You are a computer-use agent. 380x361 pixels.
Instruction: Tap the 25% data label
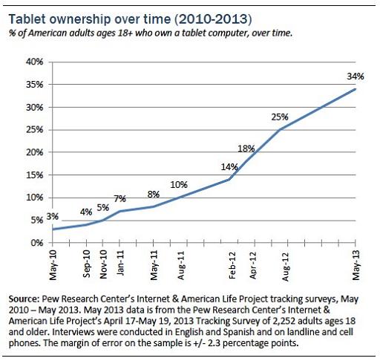tap(279, 116)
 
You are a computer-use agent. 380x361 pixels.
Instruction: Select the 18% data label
tap(246, 148)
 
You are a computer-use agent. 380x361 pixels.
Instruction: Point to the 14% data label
tap(229, 166)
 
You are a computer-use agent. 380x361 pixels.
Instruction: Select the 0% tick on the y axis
tap(33, 243)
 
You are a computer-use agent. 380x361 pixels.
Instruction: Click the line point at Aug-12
tap(280, 129)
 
